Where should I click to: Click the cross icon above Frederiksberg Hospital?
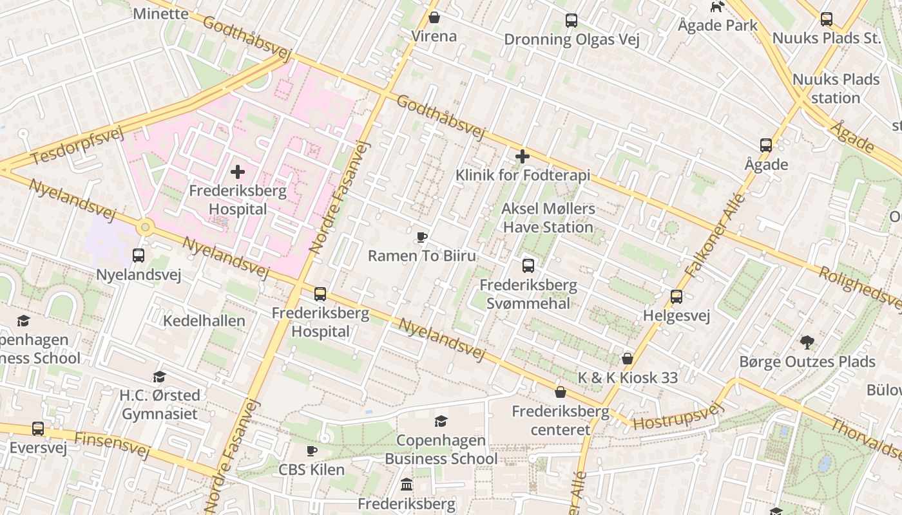coord(238,172)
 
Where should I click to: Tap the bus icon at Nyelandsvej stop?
coord(139,256)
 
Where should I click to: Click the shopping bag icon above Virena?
coord(434,17)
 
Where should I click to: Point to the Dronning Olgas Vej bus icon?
coord(571,21)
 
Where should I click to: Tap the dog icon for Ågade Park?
coord(717,7)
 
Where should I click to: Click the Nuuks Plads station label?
coord(836,89)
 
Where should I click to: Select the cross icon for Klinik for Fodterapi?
coord(523,156)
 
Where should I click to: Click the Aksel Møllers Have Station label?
coord(548,218)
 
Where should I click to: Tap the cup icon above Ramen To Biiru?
coord(422,238)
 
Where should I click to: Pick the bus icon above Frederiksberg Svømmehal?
coord(528,266)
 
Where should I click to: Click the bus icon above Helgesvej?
coord(676,297)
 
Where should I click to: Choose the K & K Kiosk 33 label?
coord(628,378)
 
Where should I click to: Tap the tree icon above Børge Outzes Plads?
coord(807,342)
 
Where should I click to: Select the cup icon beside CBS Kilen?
coord(312,451)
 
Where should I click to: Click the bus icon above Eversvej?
coord(38,429)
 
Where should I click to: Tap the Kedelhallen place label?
coord(204,321)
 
